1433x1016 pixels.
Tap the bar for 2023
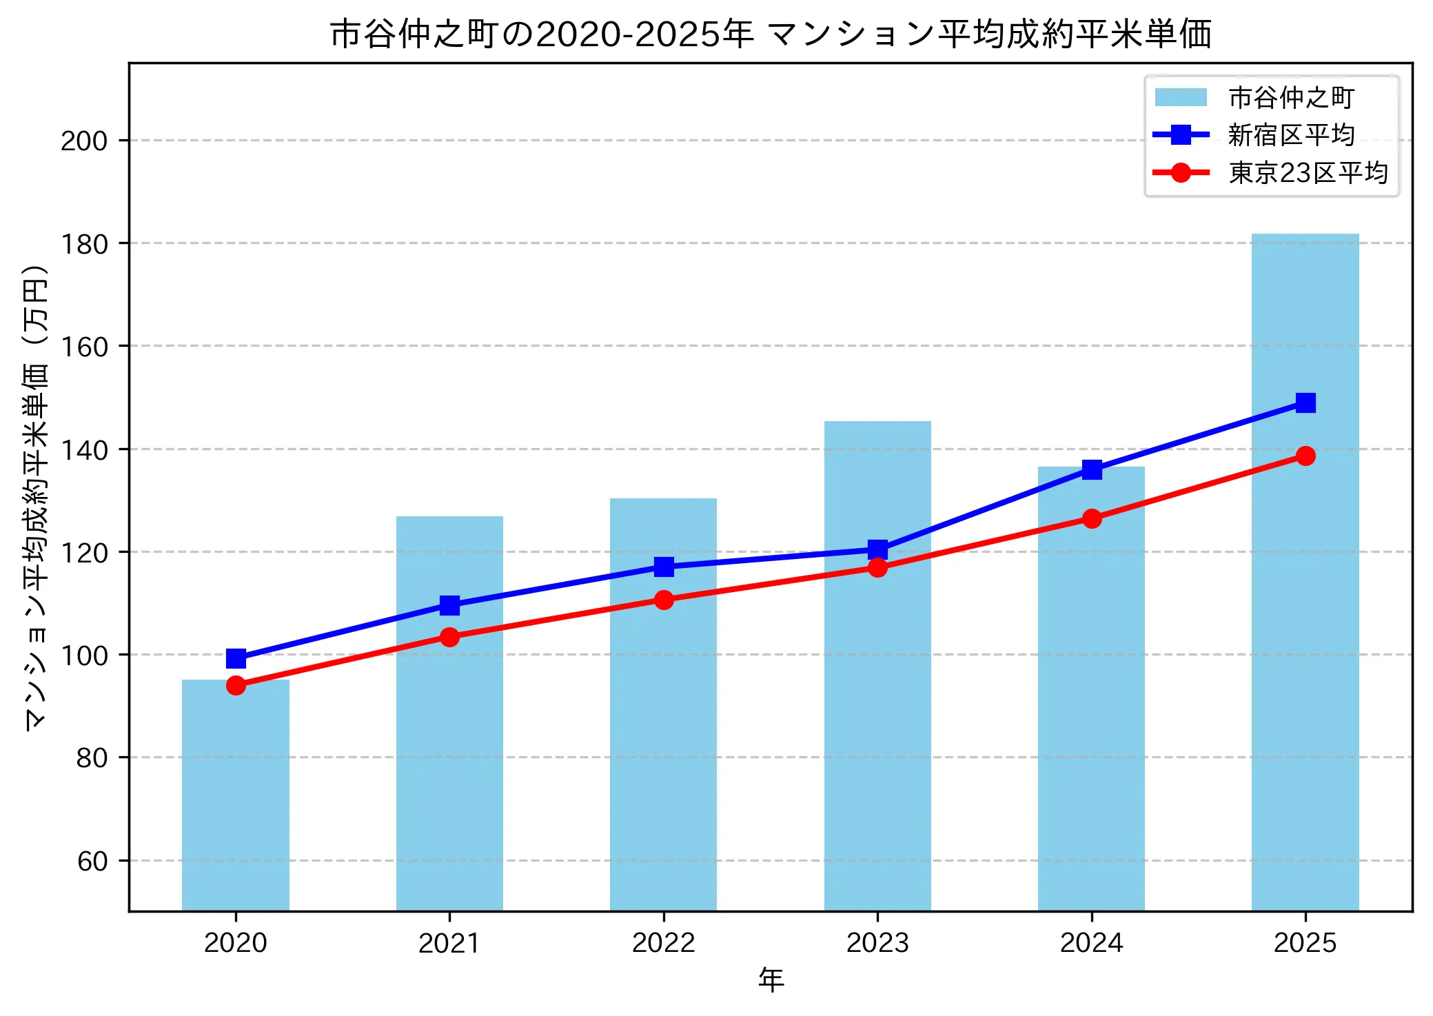(x=877, y=689)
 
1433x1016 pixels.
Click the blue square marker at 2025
(x=1305, y=403)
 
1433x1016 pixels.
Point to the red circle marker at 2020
(x=236, y=685)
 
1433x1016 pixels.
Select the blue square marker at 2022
(x=664, y=567)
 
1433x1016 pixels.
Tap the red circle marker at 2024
(x=1091, y=518)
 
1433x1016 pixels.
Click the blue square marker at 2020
(x=236, y=658)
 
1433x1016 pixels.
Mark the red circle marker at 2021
(x=449, y=637)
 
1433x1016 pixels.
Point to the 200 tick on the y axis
(x=84, y=141)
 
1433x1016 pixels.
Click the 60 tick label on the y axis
(x=92, y=861)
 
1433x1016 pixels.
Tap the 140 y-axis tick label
(x=84, y=449)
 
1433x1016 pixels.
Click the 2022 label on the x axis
(x=663, y=942)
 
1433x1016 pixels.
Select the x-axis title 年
(x=771, y=979)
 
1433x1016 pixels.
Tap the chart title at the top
(x=770, y=34)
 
